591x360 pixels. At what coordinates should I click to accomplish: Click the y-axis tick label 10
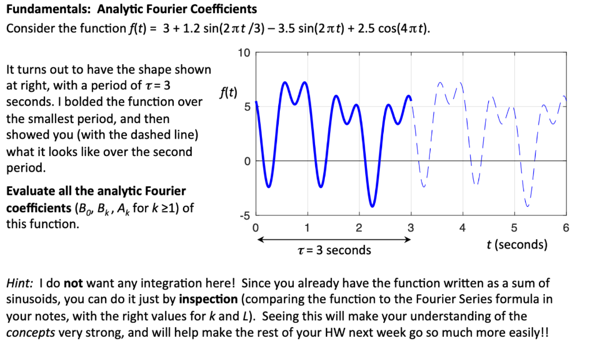(x=244, y=54)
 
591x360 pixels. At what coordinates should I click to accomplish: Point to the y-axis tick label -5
(x=245, y=215)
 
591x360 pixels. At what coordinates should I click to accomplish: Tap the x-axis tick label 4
(x=462, y=227)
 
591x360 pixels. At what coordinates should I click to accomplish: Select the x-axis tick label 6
(x=566, y=227)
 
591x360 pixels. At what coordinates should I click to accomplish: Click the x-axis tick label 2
(x=359, y=227)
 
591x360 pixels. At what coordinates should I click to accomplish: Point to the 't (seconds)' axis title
(x=517, y=244)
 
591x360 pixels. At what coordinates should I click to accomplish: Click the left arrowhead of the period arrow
(x=259, y=239)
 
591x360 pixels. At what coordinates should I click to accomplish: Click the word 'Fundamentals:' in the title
(x=40, y=9)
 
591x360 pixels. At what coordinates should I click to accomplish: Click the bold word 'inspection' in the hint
(x=208, y=299)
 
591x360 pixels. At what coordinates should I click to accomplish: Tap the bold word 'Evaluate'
(x=29, y=191)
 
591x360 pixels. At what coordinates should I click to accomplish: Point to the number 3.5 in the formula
(x=287, y=28)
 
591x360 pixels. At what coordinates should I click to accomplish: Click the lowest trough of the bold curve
(x=372, y=206)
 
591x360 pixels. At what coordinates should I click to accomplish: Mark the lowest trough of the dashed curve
(x=528, y=206)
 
